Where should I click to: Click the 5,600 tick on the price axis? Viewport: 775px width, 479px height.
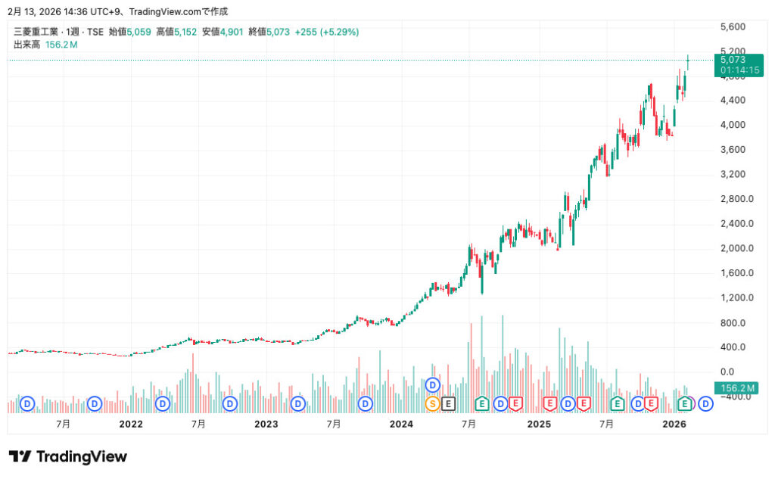click(734, 26)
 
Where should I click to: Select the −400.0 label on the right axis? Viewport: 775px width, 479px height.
click(738, 397)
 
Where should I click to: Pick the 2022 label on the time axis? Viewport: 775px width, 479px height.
click(131, 425)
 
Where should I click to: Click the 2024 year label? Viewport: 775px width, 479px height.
click(401, 425)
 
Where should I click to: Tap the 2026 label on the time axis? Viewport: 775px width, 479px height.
click(674, 425)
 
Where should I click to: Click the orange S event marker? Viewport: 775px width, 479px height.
click(433, 403)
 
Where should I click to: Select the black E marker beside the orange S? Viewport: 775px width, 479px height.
click(448, 403)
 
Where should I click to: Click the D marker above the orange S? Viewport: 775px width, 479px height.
click(433, 384)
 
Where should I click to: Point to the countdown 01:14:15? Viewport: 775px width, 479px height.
click(739, 70)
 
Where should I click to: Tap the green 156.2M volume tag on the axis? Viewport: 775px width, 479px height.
click(738, 388)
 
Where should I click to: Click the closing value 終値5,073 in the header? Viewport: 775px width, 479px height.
click(269, 32)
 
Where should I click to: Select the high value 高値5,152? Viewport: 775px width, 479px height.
click(176, 32)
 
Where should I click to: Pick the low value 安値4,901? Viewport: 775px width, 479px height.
click(222, 32)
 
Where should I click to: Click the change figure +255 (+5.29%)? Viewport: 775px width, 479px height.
click(327, 32)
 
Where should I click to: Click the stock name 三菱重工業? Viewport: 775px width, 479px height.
click(34, 32)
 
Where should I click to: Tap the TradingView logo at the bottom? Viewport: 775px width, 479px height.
click(68, 456)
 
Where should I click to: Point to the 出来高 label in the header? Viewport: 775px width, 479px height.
click(27, 45)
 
